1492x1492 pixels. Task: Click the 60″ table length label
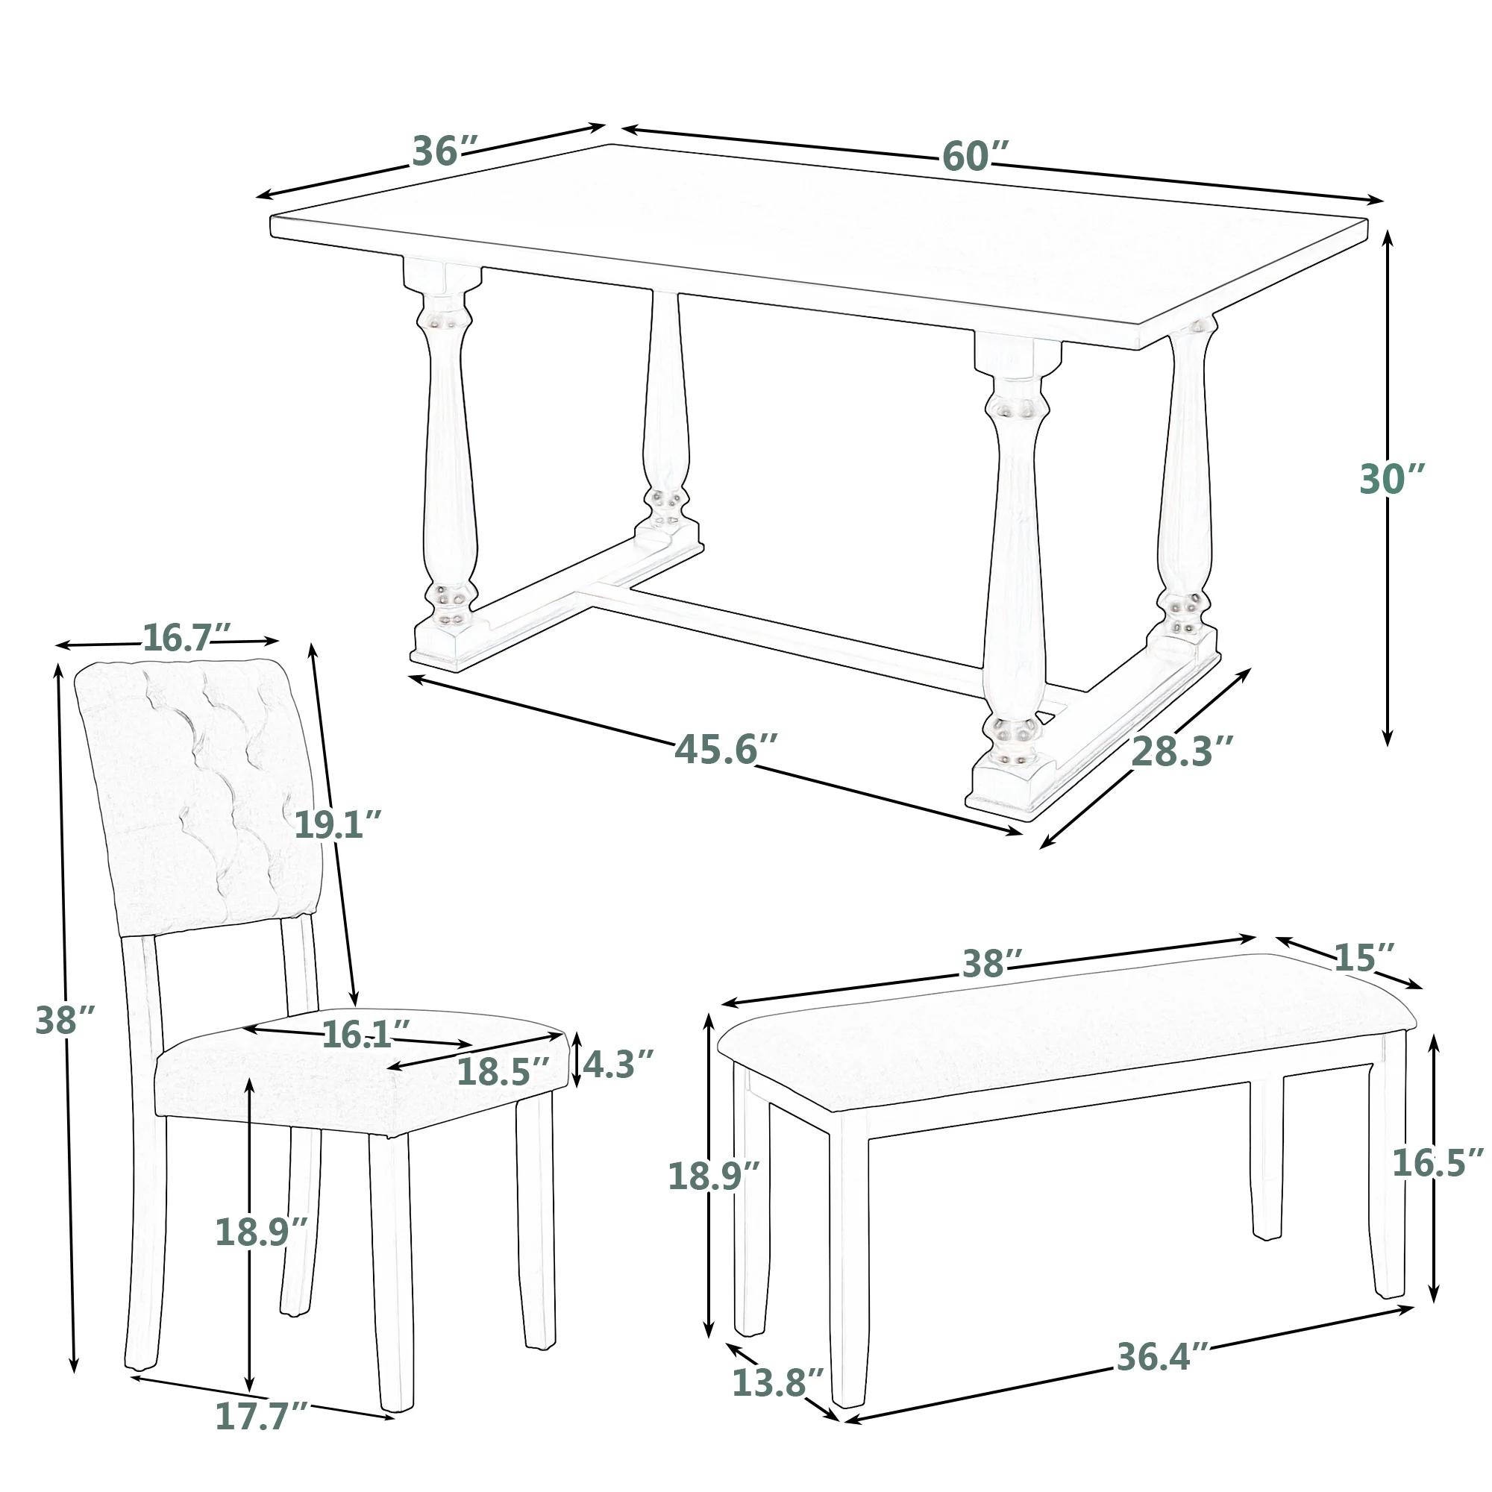click(x=975, y=157)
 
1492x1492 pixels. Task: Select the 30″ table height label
click(x=1391, y=480)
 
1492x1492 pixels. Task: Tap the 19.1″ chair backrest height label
click(x=338, y=825)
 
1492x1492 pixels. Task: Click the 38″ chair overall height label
click(x=65, y=1021)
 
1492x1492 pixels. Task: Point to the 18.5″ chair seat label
click(x=504, y=1072)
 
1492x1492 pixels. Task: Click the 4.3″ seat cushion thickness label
click(x=618, y=1065)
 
